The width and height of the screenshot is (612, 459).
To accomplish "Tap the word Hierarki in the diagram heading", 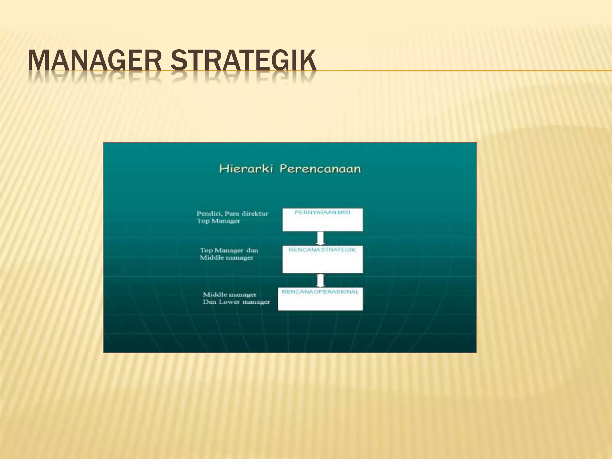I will click(x=247, y=169).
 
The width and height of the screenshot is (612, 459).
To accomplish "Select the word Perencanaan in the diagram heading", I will click(x=320, y=169).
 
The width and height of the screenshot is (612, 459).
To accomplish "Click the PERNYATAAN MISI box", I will click(x=322, y=220).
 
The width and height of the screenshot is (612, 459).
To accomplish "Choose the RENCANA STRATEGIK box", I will click(x=322, y=259).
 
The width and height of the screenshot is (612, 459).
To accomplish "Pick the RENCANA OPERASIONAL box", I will click(x=320, y=299).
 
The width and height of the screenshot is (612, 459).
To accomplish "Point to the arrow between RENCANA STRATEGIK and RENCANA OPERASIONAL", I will click(x=320, y=280).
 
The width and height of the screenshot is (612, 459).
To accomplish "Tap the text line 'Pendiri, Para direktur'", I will click(x=232, y=214).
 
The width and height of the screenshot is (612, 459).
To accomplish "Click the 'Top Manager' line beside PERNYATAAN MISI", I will click(x=218, y=221).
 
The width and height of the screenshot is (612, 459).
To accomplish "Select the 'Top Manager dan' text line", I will click(x=229, y=250).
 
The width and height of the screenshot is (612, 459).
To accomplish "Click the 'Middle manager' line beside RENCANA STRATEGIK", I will click(x=227, y=258).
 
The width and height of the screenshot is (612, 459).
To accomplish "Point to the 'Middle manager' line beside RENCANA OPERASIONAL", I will click(x=229, y=295).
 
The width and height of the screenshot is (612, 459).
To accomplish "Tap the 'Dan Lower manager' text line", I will click(x=236, y=302).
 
